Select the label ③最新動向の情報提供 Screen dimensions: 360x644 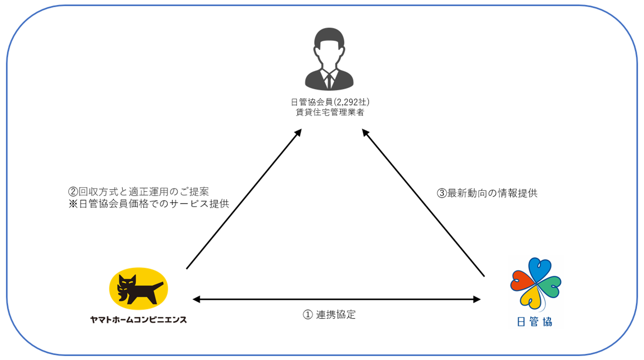pyautogui.click(x=487, y=193)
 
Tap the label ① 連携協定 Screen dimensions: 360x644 pyautogui.click(x=329, y=315)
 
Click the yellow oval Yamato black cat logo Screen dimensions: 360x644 pyautogui.click(x=138, y=289)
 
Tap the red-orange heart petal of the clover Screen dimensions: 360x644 pyautogui.click(x=523, y=281)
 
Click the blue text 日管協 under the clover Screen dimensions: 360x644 pyautogui.click(x=534, y=322)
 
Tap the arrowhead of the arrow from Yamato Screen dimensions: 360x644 pyautogui.click(x=298, y=133)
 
